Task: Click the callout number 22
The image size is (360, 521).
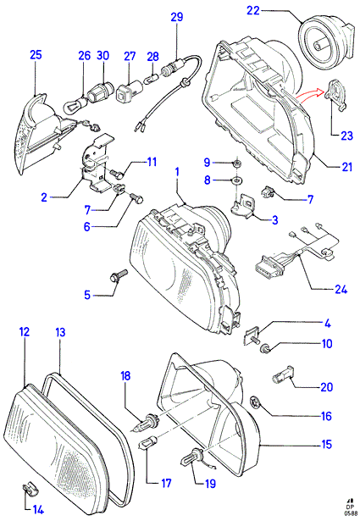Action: [252, 10]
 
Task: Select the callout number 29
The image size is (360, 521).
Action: [177, 17]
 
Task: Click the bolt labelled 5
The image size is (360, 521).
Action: [119, 275]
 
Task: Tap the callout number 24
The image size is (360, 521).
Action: [341, 289]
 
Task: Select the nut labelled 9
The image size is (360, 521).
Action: [236, 164]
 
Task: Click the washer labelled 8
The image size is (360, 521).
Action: [237, 181]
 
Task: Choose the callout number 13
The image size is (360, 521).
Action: [60, 332]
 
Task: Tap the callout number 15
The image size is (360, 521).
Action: [327, 444]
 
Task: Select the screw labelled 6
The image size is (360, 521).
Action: [136, 198]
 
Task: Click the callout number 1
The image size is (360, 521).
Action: [177, 172]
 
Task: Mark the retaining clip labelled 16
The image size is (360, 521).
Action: [254, 402]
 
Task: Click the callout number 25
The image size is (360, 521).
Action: [36, 55]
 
